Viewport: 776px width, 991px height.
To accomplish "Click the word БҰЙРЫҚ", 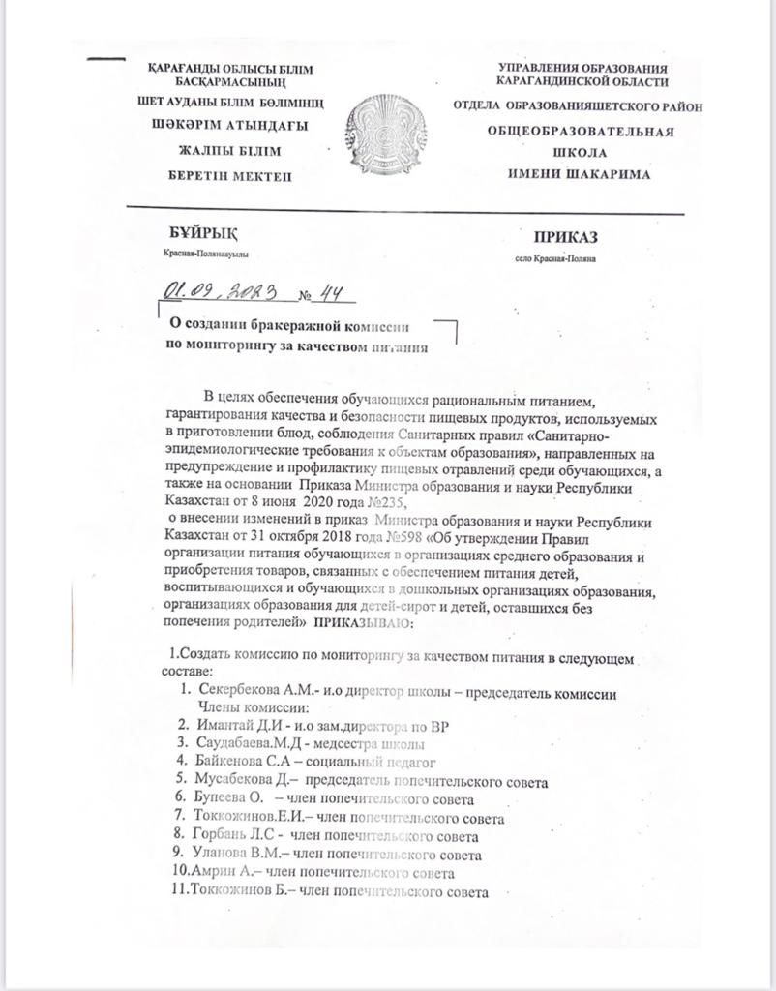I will (200, 233).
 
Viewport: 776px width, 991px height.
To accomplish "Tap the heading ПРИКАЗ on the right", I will (566, 237).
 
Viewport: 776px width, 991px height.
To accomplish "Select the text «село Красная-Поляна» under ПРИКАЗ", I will (556, 258).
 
